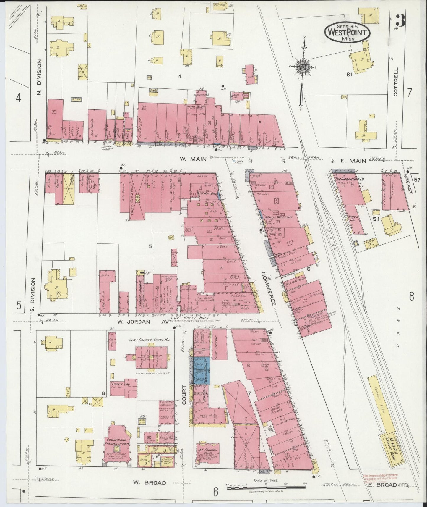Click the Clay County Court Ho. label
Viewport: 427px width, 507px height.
point(149,340)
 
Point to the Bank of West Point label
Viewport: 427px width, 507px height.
point(278,217)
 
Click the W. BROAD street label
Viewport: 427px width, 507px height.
point(149,483)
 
